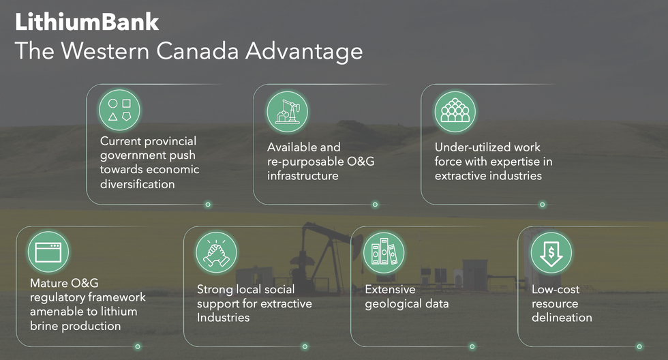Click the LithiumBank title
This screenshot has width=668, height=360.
click(x=87, y=22)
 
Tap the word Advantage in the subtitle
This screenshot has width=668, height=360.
click(x=304, y=52)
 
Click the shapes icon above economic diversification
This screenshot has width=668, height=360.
click(x=119, y=110)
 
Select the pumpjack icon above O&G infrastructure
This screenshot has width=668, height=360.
click(x=287, y=112)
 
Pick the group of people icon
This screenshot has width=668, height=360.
click(x=455, y=112)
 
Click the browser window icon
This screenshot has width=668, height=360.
click(x=48, y=252)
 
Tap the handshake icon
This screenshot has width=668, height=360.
click(x=216, y=252)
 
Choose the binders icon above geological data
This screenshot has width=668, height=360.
click(x=383, y=252)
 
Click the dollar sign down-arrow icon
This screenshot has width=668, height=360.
click(x=551, y=252)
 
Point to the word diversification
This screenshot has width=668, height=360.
click(x=137, y=184)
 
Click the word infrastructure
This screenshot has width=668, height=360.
click(x=303, y=175)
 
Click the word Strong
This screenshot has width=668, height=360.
click(x=213, y=290)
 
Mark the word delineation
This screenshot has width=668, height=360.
click(x=562, y=318)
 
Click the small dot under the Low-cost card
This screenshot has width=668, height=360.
click(x=639, y=347)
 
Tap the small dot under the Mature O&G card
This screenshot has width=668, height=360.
click(x=138, y=347)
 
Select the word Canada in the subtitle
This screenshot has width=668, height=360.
click(x=197, y=52)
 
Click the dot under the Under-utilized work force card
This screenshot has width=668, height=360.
click(x=543, y=205)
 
